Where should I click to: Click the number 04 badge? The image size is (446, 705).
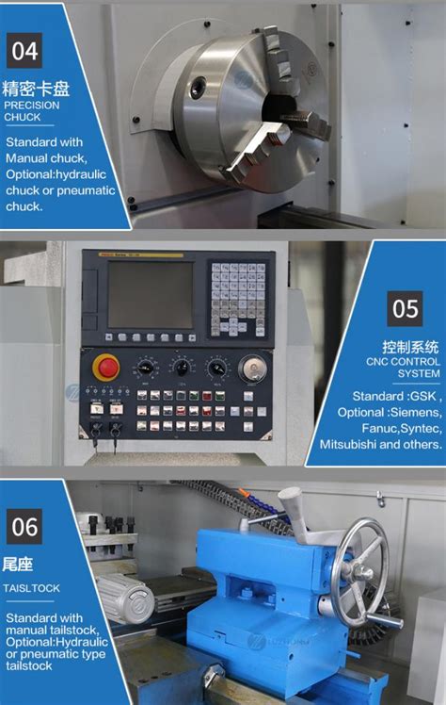click(x=24, y=50)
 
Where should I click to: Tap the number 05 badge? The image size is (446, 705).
click(x=405, y=308)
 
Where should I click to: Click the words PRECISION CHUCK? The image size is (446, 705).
click(x=32, y=112)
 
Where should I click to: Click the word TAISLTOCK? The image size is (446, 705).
click(x=32, y=587)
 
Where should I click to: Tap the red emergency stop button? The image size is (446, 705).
click(x=105, y=366)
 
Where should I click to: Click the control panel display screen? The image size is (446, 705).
click(x=150, y=294)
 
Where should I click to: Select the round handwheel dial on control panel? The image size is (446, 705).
click(x=251, y=368)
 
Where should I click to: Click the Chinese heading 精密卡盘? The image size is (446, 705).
click(x=37, y=90)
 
